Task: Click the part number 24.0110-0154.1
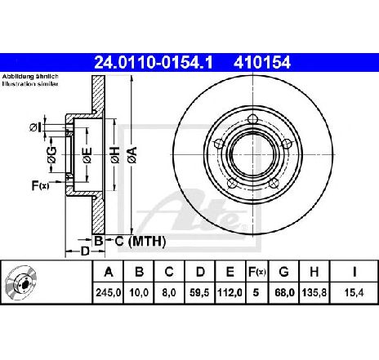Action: [153, 63]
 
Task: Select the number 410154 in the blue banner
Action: [262, 63]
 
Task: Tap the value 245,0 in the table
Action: [108, 292]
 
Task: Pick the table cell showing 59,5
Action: [200, 292]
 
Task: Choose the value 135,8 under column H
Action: [314, 292]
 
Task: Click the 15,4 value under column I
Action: [354, 292]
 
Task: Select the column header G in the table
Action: [283, 272]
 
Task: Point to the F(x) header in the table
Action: [256, 272]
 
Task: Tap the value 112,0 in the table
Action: [230, 292]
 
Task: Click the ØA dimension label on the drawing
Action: [133, 155]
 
